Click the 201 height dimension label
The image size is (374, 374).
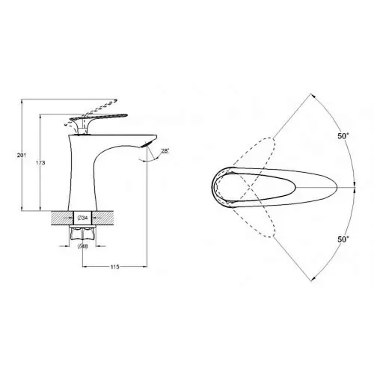click(22, 155)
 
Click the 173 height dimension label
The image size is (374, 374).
click(40, 163)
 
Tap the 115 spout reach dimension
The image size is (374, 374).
click(114, 267)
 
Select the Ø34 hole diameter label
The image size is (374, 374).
click(82, 218)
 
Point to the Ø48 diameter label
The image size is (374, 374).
click(82, 246)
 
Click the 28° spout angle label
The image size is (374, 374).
click(165, 151)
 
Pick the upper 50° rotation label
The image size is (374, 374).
click(343, 136)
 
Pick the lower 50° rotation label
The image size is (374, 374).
click(343, 239)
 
